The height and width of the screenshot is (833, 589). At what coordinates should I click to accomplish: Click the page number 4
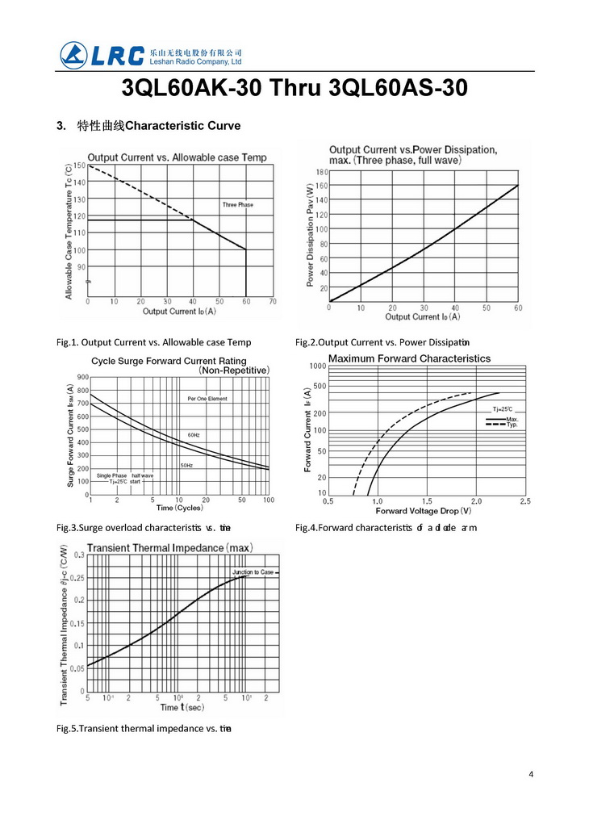coord(531,774)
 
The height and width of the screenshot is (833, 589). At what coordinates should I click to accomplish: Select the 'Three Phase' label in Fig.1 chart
coord(237,205)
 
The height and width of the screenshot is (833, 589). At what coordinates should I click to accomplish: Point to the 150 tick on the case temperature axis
coord(79,166)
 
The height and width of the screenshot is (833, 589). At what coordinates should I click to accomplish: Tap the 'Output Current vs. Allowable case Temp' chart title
coord(177,157)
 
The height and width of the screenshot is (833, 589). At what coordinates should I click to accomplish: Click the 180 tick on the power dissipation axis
coord(322,173)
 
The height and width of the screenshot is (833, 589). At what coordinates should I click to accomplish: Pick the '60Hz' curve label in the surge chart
coord(194,435)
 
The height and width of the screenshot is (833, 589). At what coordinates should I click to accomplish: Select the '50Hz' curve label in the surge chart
coord(186,466)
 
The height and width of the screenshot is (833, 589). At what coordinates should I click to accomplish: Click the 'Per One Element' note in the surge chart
coord(207,399)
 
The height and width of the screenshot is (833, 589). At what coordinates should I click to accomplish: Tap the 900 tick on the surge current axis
coord(83,377)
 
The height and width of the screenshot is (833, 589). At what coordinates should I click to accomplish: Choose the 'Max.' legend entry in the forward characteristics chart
coord(512,419)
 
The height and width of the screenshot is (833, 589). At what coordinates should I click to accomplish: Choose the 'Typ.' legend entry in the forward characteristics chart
coord(512,425)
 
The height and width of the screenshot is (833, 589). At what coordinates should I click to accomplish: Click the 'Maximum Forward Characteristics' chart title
coord(409,358)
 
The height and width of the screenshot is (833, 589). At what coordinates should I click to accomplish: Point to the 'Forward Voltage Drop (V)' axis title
coord(424,511)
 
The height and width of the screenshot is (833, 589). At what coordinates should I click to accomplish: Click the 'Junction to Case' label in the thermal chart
coord(253,572)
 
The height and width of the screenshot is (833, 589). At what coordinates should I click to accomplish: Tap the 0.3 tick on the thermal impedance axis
coord(79,555)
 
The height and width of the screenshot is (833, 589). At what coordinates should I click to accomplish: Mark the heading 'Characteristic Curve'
coord(183,126)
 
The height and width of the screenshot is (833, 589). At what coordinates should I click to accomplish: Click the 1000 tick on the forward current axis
coord(317,366)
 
